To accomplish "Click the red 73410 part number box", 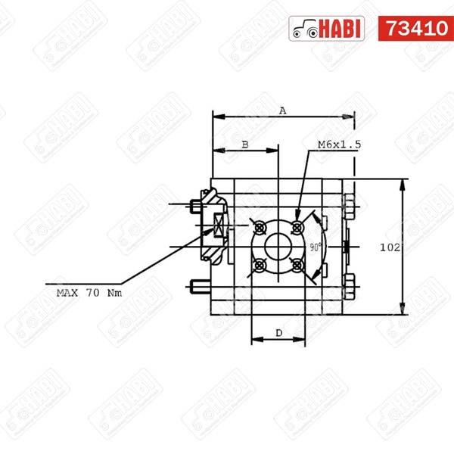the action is (x=415, y=29).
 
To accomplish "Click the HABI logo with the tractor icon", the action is (x=327, y=29).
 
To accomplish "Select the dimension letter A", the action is (x=282, y=110).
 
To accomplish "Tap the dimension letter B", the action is (x=245, y=145).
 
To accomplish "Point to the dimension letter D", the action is (x=278, y=333).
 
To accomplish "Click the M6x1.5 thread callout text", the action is (x=339, y=145).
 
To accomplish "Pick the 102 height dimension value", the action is (x=390, y=247).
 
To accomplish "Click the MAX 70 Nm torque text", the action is (x=89, y=293).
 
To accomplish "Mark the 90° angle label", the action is (x=316, y=247).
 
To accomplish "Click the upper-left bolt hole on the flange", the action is (x=259, y=229).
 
